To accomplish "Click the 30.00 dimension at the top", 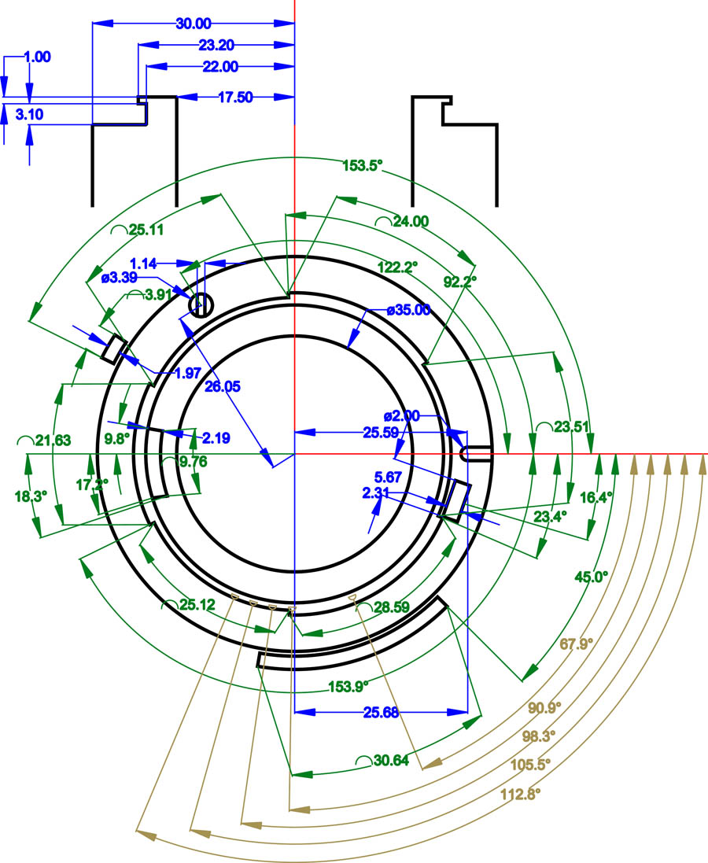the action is [194, 24].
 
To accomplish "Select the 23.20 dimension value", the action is [216, 45].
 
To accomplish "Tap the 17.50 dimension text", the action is [235, 98].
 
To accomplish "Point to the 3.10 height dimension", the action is [29, 115].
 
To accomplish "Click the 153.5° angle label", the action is [362, 165].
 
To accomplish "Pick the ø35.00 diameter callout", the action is [408, 310].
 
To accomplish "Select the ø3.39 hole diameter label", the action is [120, 278].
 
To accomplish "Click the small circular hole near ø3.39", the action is [201, 305].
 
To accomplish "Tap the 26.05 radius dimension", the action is [223, 386].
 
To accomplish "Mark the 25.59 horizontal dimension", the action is [381, 433].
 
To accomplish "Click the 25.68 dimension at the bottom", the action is [381, 712].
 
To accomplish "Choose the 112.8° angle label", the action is [520, 794].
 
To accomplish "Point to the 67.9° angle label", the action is [577, 644].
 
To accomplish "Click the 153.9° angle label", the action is [348, 686].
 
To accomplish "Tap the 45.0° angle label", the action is [592, 577].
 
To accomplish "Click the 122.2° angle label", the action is [397, 267].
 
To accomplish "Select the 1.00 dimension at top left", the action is [38, 57].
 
